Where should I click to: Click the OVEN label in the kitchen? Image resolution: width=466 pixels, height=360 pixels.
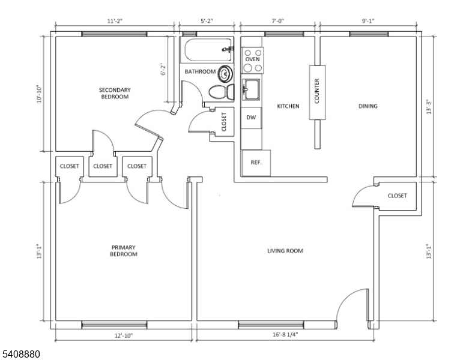(x=252, y=59)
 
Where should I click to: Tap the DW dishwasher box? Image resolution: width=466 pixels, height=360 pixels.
(x=251, y=118)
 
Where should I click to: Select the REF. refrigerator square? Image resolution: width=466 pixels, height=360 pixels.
(x=256, y=163)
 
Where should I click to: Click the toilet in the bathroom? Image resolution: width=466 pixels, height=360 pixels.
(x=222, y=92)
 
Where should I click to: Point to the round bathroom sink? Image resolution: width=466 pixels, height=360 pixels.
(x=225, y=73)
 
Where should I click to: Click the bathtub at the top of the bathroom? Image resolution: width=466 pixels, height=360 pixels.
(x=208, y=50)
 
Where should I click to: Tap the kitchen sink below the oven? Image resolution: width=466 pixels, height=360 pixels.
(x=251, y=89)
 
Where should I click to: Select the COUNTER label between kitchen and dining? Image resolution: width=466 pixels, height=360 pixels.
(x=317, y=91)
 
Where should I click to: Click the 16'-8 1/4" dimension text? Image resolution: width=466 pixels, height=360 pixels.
(x=285, y=335)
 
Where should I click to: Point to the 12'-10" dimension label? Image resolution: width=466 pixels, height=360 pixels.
(x=124, y=335)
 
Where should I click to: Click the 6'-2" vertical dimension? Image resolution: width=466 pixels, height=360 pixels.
(x=163, y=69)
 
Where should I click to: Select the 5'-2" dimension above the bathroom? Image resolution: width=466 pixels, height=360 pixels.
(x=207, y=21)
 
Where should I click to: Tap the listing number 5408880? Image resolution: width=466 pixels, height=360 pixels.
(x=21, y=354)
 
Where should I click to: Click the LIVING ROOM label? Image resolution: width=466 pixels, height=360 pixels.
(x=285, y=251)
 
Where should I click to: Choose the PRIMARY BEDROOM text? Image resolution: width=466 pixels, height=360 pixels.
(x=124, y=251)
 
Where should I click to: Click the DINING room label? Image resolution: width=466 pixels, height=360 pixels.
(x=368, y=106)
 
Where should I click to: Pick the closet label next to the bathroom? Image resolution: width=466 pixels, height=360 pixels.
(x=224, y=121)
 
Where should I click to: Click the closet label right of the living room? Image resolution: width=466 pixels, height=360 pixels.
(x=398, y=196)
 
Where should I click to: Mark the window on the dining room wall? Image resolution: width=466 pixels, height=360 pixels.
(x=369, y=34)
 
